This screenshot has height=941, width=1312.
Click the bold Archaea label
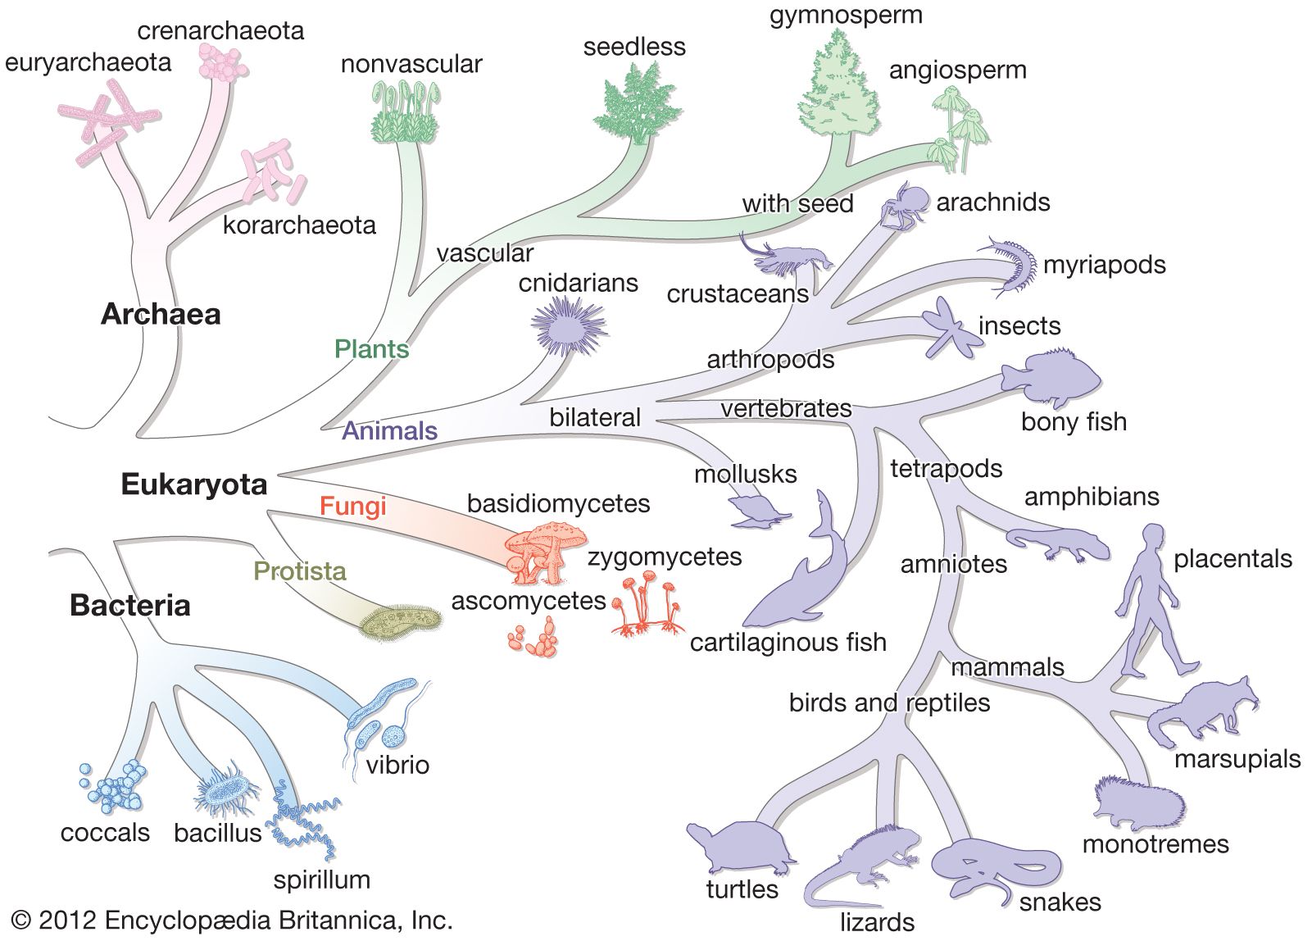161,314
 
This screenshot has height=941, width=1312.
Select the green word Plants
371,349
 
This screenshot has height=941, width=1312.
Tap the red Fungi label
352,506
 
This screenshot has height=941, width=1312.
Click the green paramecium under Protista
402,624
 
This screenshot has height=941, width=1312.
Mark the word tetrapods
947,469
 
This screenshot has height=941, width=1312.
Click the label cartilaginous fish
788,642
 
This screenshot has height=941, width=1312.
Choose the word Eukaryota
194,484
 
